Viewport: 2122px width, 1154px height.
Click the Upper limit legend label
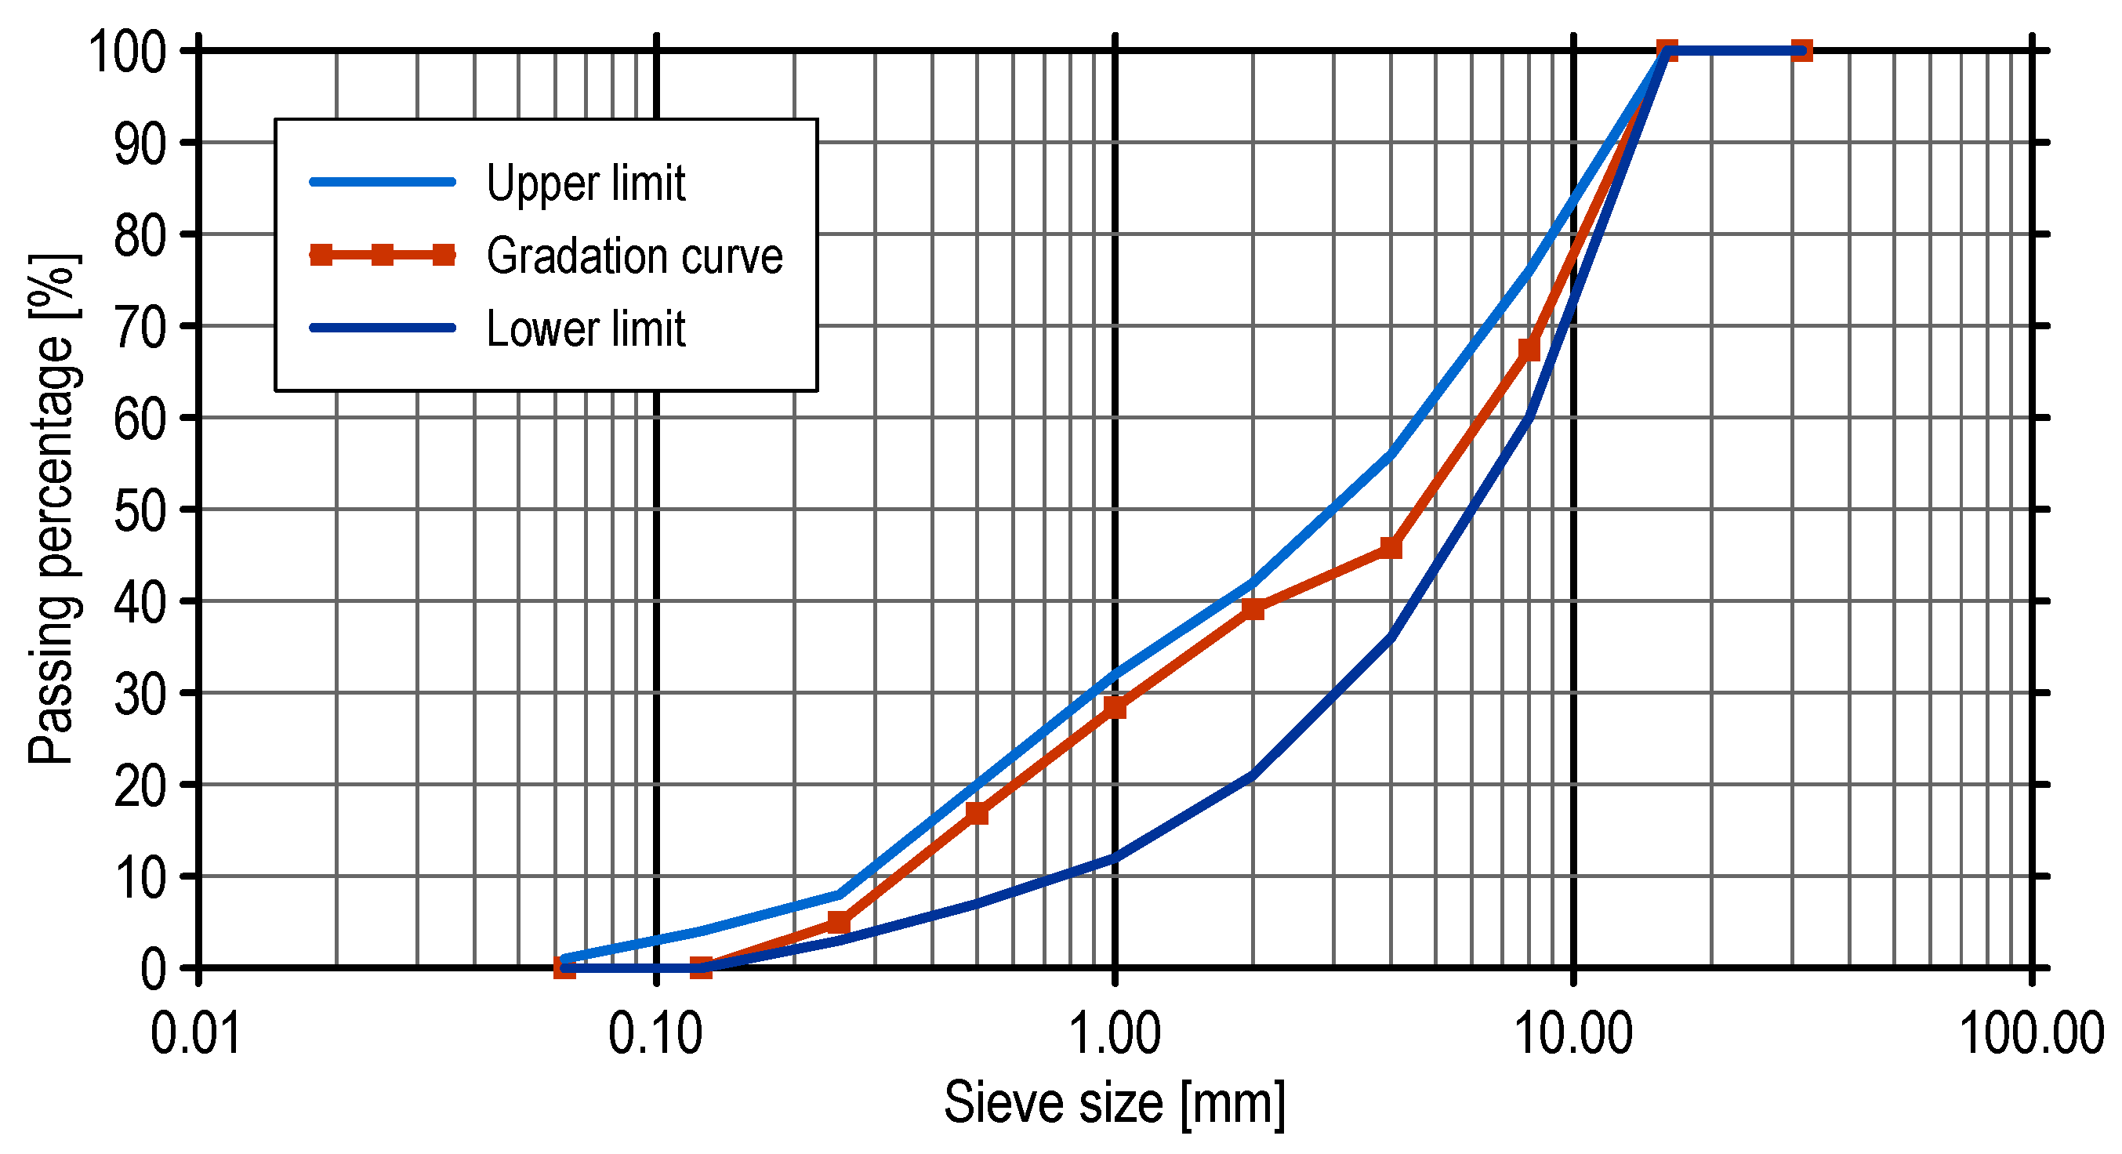click(x=585, y=183)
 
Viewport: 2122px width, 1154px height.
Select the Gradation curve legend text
click(x=633, y=256)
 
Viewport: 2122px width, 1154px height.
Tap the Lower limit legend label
click(x=585, y=329)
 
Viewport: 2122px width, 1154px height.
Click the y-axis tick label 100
click(x=127, y=52)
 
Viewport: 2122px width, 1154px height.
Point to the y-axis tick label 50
click(x=140, y=510)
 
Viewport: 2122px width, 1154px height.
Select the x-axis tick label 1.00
click(x=1114, y=1034)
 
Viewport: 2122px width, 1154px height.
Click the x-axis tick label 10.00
click(x=1573, y=1034)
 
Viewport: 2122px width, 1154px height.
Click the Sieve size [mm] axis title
click(x=1114, y=1104)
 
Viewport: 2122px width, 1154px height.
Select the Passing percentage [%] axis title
click(x=54, y=509)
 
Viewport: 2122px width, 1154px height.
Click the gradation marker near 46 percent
click(x=1391, y=548)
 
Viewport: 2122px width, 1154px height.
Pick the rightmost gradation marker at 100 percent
click(x=1801, y=51)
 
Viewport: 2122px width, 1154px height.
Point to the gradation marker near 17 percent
click(x=977, y=814)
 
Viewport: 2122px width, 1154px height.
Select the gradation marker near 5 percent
click(x=839, y=922)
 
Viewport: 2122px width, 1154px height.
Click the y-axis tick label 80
click(x=140, y=235)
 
